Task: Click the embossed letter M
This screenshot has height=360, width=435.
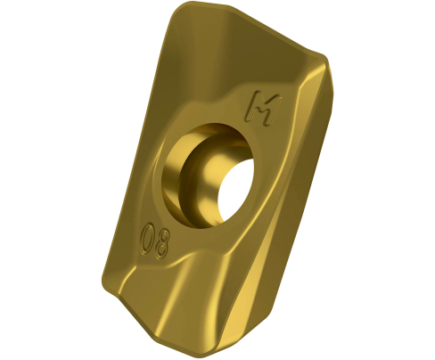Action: coord(262,108)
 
